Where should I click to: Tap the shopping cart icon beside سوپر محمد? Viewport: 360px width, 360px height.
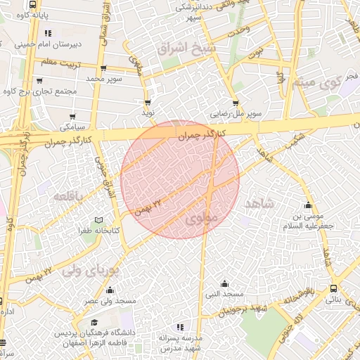tap(103, 69)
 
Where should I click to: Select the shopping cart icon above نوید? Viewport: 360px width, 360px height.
tap(147, 102)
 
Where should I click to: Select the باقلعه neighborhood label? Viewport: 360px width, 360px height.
tap(70, 195)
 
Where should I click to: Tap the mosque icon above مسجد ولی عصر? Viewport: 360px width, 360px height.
tap(110, 290)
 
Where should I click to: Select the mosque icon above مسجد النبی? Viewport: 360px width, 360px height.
tap(224, 284)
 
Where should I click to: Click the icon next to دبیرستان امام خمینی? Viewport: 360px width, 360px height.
tap(47, 32)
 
